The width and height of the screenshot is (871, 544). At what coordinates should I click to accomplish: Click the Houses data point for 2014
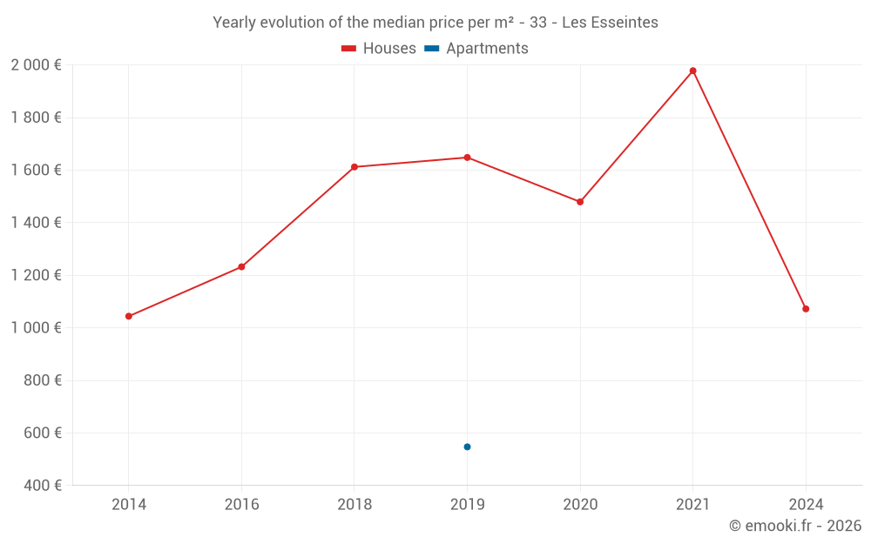(129, 316)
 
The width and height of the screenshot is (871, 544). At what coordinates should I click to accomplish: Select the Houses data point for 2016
(241, 266)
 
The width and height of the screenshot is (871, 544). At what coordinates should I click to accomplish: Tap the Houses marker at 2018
(354, 166)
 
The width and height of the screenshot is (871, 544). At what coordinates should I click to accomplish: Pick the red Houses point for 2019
(467, 158)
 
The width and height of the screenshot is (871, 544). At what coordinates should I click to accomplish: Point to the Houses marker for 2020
(580, 202)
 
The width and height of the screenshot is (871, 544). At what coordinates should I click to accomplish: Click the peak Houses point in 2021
(692, 71)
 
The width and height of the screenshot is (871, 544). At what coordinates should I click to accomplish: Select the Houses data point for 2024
(806, 309)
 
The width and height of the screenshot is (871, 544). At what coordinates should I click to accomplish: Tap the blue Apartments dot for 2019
(467, 447)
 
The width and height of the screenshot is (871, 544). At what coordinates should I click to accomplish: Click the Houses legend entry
(379, 49)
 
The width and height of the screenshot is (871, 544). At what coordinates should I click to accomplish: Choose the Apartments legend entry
(476, 49)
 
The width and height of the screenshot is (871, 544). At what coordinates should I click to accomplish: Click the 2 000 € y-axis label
(36, 65)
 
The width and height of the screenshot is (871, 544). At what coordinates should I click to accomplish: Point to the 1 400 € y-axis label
(36, 223)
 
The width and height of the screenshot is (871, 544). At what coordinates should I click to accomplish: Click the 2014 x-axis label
(129, 504)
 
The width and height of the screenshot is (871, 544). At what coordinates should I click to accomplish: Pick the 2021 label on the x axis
(692, 504)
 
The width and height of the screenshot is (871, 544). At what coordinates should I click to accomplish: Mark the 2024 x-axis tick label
(806, 504)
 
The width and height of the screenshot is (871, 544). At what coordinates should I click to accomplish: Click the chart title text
(435, 22)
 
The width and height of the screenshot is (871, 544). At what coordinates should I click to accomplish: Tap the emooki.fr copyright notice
(795, 526)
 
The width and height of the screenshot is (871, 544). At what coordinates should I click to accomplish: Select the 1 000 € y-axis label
(36, 328)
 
